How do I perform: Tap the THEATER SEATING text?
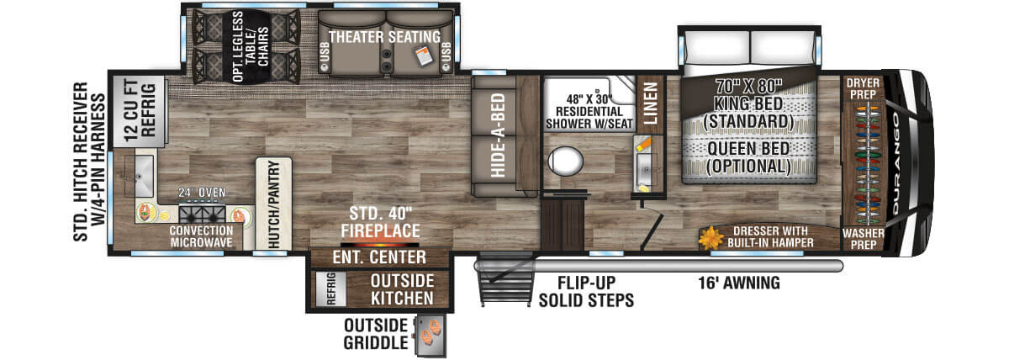click(383, 37)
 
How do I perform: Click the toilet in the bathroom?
click(565, 160)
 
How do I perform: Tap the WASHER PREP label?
click(861, 239)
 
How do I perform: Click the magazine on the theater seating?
click(424, 56)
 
